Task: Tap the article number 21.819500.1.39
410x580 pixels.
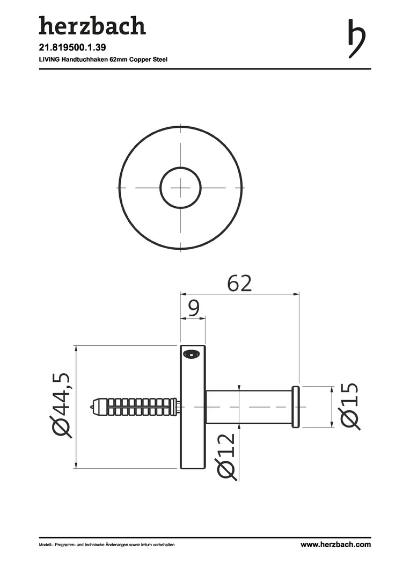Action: tap(72, 48)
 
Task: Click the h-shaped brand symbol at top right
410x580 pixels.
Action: tap(356, 39)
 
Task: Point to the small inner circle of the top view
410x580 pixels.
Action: tap(160, 187)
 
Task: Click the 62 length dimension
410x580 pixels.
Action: tap(239, 284)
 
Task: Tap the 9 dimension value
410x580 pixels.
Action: tap(193, 308)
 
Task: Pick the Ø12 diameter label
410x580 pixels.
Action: tap(226, 457)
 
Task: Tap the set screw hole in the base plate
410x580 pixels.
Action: tap(191, 354)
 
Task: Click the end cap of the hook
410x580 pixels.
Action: tap(296, 407)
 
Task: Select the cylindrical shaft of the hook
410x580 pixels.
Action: tap(249, 407)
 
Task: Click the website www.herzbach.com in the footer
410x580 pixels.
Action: tap(335, 545)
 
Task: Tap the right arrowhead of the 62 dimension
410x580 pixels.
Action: tap(296, 294)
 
